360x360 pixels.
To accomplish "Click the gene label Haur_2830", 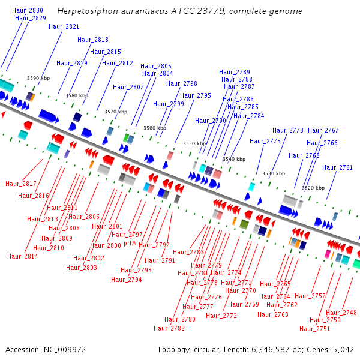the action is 28,10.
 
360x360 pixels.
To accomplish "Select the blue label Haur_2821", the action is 64,26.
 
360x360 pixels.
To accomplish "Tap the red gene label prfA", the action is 130,244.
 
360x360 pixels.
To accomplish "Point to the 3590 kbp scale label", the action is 38,78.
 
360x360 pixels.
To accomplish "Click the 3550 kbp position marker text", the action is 194,143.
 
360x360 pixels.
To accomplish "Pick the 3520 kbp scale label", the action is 313,188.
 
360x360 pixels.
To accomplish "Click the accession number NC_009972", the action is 65,350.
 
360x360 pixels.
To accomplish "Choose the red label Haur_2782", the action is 169,328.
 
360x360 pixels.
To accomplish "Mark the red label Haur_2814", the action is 23,256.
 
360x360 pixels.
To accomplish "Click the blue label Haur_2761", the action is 337,167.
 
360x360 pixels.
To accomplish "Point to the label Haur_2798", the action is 182,83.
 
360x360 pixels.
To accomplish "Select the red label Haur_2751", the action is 315,329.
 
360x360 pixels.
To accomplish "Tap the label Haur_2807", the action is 128,87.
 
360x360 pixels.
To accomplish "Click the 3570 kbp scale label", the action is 116,112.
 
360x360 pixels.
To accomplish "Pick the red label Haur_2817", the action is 21,184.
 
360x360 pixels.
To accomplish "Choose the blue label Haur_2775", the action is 265,141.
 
